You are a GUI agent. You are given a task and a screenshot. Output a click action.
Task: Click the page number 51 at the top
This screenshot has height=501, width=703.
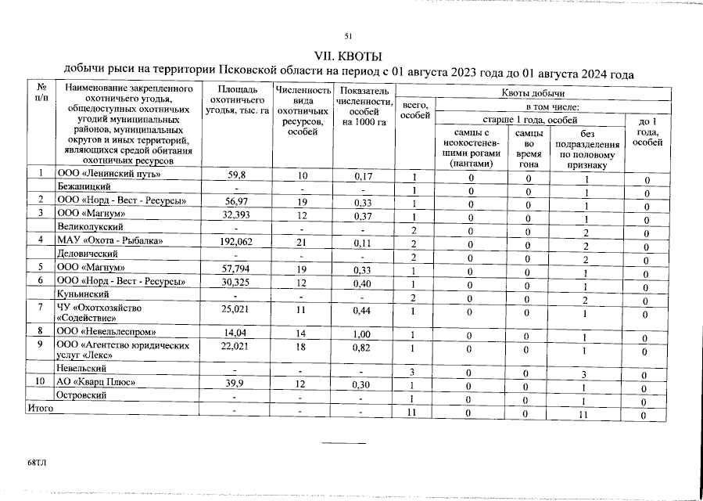point(349,36)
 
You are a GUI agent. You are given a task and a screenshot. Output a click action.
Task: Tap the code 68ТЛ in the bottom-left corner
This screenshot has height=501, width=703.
point(37,463)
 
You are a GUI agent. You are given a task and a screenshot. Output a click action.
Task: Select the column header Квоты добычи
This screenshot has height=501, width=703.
point(533,94)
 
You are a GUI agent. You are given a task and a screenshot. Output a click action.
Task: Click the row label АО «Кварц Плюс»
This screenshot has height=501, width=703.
point(96,383)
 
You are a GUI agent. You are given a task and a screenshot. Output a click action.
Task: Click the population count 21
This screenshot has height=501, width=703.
point(303,241)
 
